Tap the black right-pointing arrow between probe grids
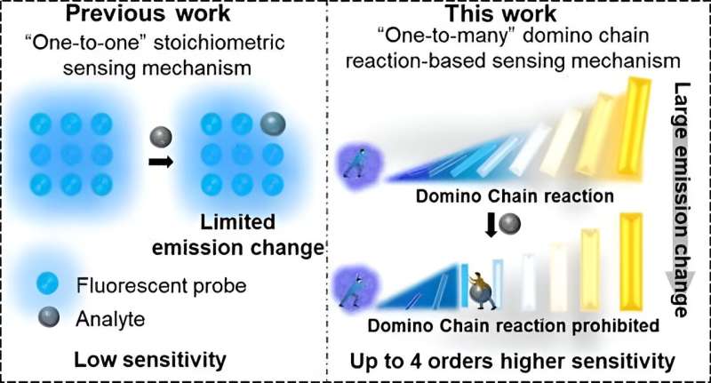[x=162, y=164]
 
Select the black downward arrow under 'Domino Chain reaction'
[x=491, y=224]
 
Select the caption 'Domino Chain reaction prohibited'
[x=514, y=325]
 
